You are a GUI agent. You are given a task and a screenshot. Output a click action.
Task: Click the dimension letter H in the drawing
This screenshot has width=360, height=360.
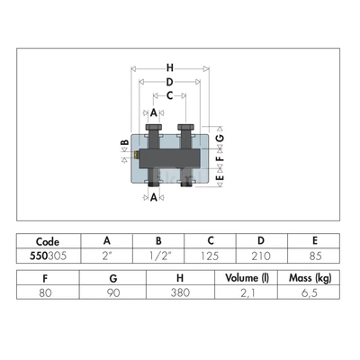[x=170, y=67]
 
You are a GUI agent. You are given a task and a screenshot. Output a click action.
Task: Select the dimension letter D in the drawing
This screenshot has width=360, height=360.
[x=170, y=82]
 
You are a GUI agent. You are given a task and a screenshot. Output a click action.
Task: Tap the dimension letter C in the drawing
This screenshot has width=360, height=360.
[x=170, y=95]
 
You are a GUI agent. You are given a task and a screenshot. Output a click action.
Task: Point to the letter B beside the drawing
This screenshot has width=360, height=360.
[x=125, y=142]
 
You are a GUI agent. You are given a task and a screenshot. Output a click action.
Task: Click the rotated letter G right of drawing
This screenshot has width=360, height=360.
[x=220, y=138]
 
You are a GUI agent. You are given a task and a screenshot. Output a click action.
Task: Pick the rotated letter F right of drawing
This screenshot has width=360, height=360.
[x=220, y=158]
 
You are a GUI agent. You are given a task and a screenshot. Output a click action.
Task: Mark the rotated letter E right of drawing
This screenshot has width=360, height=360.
[x=220, y=177]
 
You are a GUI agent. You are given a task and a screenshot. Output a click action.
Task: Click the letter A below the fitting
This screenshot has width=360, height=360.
[x=154, y=197]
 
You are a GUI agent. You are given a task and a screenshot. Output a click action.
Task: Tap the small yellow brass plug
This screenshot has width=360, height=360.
[x=136, y=155]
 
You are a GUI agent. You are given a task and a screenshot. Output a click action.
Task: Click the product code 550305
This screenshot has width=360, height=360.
[x=49, y=256]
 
